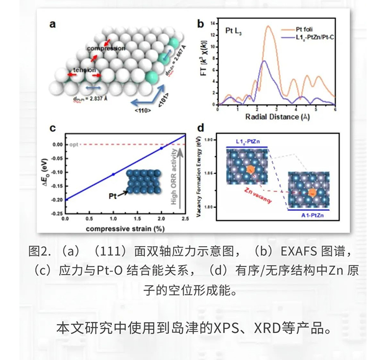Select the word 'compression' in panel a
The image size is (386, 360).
106,49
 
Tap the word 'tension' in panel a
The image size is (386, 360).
83,69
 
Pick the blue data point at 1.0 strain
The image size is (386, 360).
113,174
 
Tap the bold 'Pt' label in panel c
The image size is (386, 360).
114,195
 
